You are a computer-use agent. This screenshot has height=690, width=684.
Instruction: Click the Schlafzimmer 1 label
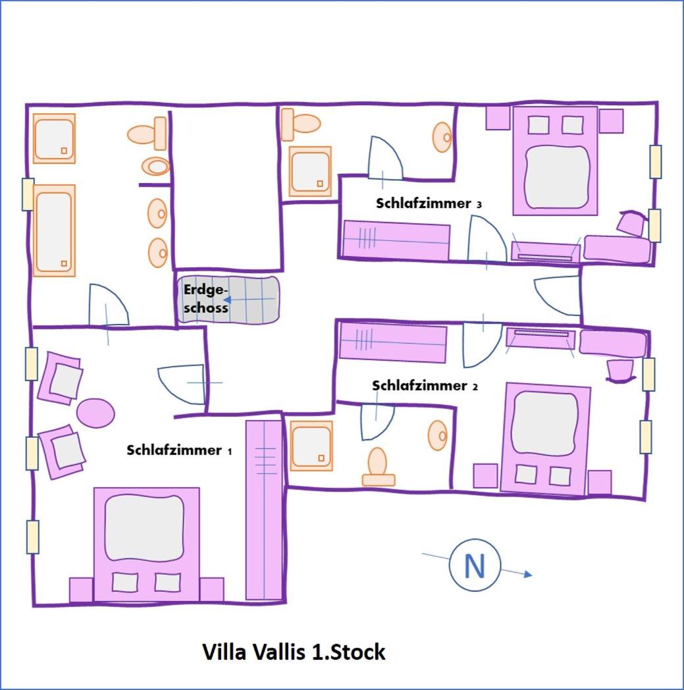point(179,450)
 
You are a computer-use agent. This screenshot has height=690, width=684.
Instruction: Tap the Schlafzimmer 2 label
point(425,385)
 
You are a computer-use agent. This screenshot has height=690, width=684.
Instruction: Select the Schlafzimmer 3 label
point(429,203)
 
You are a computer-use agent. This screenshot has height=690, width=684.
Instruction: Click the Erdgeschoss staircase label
point(206,298)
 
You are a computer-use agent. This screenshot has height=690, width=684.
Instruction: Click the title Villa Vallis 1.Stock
point(294,652)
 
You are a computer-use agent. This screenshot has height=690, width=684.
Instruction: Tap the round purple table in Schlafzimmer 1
point(95,413)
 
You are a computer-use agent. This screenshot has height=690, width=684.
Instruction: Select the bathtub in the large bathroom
point(54,230)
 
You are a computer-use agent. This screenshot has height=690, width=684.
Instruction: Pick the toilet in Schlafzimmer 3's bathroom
point(301,124)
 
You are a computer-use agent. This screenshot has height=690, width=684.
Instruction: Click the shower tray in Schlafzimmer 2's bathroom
point(311,446)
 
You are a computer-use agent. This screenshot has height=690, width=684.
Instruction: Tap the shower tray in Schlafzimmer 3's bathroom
point(310,171)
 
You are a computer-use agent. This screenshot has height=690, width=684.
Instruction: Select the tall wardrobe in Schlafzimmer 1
point(263,510)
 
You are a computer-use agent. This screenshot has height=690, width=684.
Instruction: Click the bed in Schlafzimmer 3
point(556,161)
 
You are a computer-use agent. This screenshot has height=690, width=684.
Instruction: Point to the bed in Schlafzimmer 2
point(546,438)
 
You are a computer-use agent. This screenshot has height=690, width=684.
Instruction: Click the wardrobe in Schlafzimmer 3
point(396,240)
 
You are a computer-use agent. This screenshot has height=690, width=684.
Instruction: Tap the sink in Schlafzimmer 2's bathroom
point(438,435)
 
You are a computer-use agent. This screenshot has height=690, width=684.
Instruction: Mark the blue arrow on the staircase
point(249,300)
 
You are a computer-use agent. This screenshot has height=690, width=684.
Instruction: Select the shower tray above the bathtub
point(54,139)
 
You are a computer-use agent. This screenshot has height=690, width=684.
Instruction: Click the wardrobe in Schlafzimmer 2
point(393,343)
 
